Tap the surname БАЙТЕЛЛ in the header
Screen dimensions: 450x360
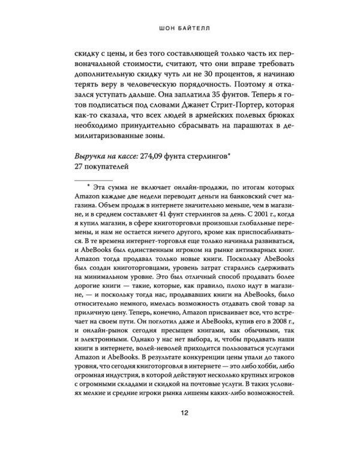pyautogui.click(x=194, y=26)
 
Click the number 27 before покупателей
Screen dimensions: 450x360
pyautogui.click(x=76, y=184)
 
